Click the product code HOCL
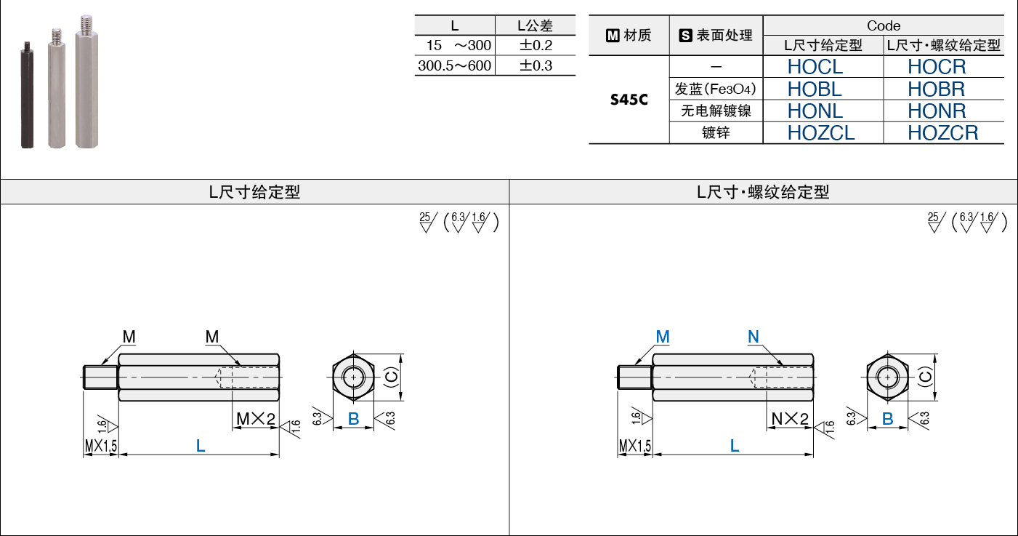815,67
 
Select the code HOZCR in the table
942,133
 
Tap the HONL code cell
815,111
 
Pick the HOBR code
936,89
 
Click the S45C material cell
629,100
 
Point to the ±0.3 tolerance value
536,65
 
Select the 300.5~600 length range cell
454,65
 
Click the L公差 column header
535,25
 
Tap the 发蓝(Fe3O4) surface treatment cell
715,89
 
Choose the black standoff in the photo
27,95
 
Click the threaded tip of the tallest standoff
86,23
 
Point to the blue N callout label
753,337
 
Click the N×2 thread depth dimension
790,419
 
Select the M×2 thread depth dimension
256,419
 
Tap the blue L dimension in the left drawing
201,446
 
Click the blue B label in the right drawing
887,419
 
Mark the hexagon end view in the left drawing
353,377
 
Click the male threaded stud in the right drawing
635,377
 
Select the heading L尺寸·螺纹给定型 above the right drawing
763,192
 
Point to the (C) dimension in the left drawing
392,377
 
